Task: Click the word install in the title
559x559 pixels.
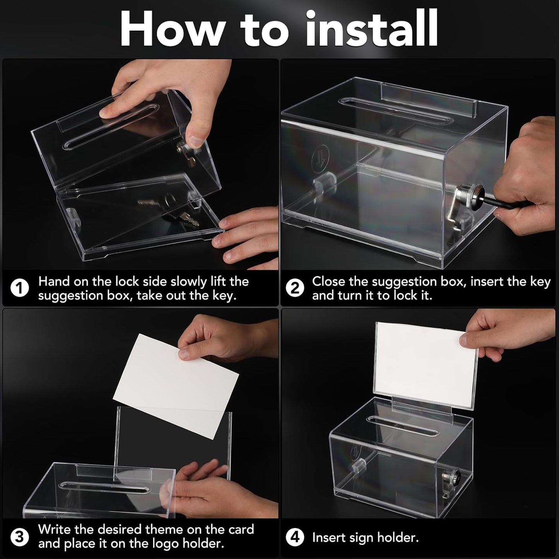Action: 371,29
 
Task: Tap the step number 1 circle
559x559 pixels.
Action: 19,289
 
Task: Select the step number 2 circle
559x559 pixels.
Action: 295,289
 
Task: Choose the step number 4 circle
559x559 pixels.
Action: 295,538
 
